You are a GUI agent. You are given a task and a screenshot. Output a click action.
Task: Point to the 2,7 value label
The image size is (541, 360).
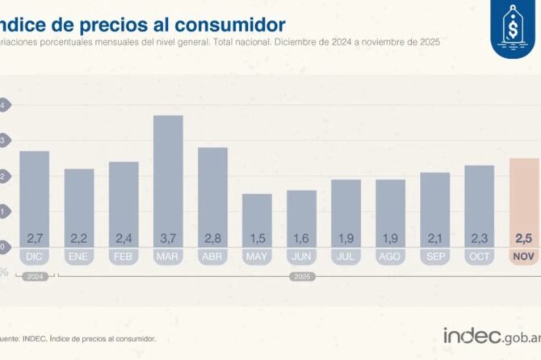pos(35,238)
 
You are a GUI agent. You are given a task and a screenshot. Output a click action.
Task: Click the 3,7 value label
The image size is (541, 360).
pos(168,238)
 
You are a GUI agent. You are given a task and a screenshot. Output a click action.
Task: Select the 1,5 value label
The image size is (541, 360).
pos(257,238)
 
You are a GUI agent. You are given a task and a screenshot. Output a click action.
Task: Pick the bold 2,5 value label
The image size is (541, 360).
pos(524,238)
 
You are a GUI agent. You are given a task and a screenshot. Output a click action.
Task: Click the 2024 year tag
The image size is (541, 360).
pos(35,276)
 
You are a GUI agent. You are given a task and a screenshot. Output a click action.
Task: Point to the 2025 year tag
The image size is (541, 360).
pos(301,276)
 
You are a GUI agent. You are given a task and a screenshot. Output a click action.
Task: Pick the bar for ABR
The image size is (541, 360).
pos(212,194)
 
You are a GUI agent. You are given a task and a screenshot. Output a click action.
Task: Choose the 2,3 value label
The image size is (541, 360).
pos(480,238)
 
